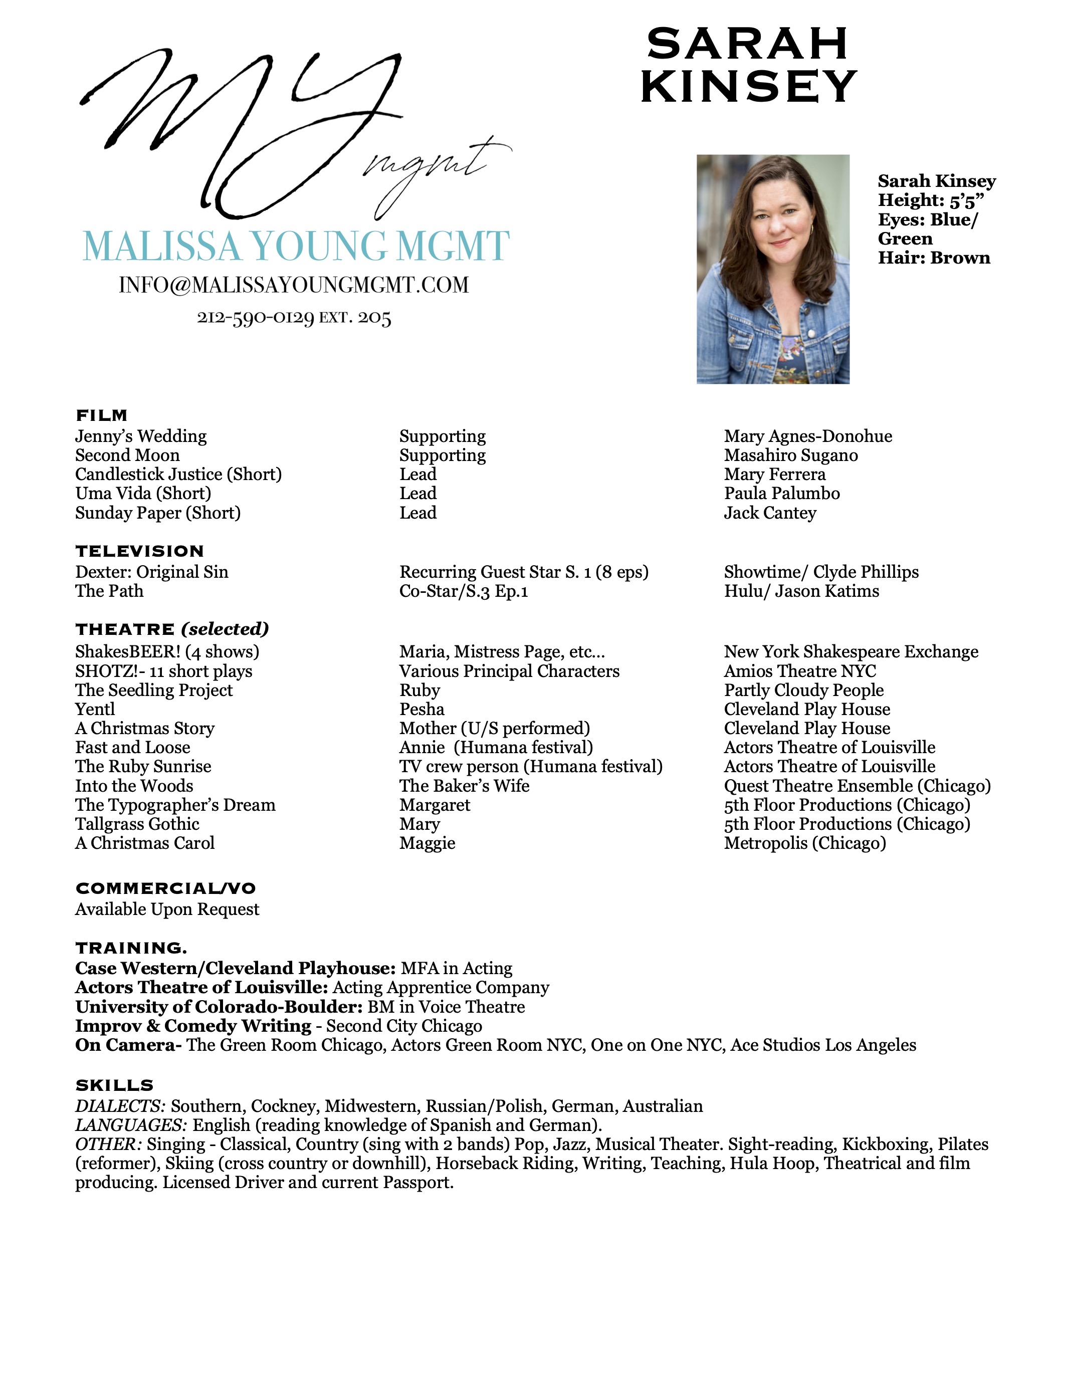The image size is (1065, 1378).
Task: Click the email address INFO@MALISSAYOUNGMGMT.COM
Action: [293, 285]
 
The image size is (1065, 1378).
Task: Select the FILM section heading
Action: [102, 415]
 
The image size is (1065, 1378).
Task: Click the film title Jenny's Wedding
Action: [141, 436]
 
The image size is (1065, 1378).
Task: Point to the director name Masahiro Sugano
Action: [790, 455]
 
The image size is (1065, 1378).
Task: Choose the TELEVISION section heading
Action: [139, 551]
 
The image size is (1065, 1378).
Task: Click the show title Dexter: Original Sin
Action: [151, 572]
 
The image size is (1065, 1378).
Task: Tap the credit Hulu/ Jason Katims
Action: [801, 591]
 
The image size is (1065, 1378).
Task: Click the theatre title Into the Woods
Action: [134, 786]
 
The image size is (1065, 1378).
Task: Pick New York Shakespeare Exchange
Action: [851, 651]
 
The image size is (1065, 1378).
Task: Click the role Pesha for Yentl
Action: [421, 709]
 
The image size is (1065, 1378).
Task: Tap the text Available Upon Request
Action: [167, 909]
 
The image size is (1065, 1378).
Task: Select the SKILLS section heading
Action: [114, 1085]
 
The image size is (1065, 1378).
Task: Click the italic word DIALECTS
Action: [120, 1106]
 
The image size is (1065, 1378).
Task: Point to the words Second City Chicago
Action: [404, 1026]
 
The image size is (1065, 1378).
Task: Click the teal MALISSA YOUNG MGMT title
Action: [296, 246]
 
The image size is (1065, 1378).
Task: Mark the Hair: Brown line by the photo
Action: [934, 258]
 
